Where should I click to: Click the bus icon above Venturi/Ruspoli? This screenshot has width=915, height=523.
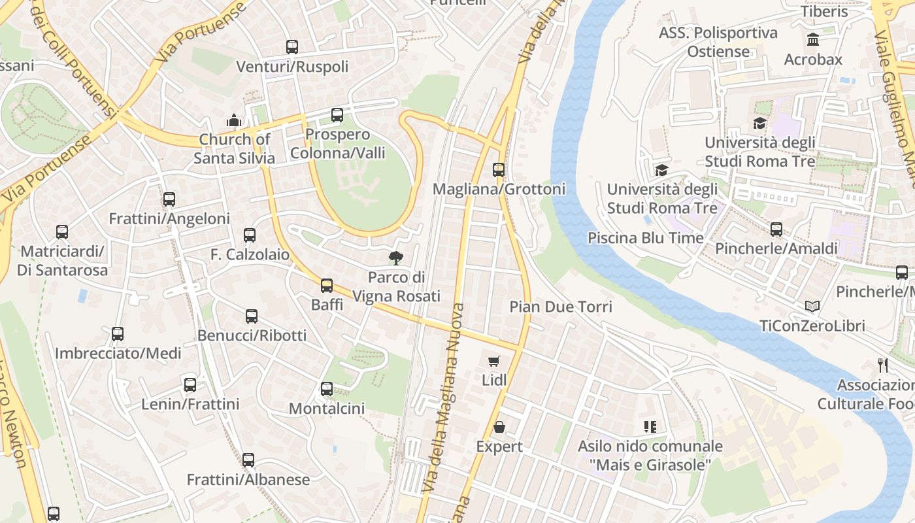(292, 47)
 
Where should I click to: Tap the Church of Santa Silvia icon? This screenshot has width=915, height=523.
(233, 120)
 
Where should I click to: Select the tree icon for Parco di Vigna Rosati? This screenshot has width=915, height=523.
(395, 258)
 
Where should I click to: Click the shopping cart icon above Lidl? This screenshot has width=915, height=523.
(494, 361)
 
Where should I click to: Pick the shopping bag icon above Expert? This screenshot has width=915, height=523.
(499, 428)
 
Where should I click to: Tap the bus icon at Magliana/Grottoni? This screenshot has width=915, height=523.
(499, 170)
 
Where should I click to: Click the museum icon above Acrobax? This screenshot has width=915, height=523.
(814, 40)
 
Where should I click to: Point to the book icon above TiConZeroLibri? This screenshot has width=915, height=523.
(812, 306)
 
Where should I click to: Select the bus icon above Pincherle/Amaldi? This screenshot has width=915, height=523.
(776, 229)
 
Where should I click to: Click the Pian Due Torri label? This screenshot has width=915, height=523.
(561, 307)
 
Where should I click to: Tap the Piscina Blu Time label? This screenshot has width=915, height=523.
(646, 237)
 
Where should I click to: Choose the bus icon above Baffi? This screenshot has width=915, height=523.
(327, 286)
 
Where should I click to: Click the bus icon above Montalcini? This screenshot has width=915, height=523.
(327, 390)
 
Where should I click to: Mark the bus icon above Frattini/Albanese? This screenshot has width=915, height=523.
(248, 460)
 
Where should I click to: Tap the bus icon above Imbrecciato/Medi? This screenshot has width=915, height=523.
(118, 334)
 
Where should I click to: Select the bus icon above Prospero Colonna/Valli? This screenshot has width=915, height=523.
(337, 115)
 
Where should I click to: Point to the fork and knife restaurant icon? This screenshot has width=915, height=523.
(883, 365)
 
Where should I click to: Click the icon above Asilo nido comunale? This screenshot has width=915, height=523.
(650, 427)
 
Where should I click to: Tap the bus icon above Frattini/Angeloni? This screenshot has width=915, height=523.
(169, 199)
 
